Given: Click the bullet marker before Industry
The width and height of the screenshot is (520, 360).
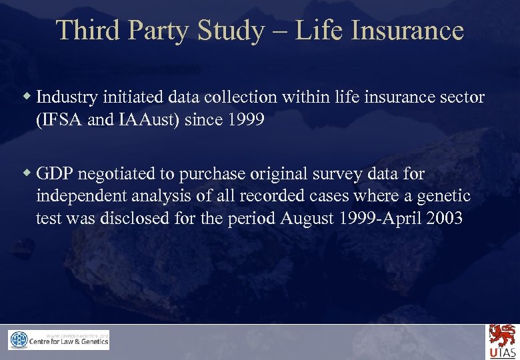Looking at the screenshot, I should pos(27,97).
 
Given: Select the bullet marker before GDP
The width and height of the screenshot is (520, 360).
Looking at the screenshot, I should pos(27,173).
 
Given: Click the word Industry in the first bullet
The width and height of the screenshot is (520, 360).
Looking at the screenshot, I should pos(67,97).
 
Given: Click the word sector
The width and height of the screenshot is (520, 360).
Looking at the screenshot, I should pos(464,97).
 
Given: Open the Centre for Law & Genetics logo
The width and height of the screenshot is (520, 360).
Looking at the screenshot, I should pos(59,340).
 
